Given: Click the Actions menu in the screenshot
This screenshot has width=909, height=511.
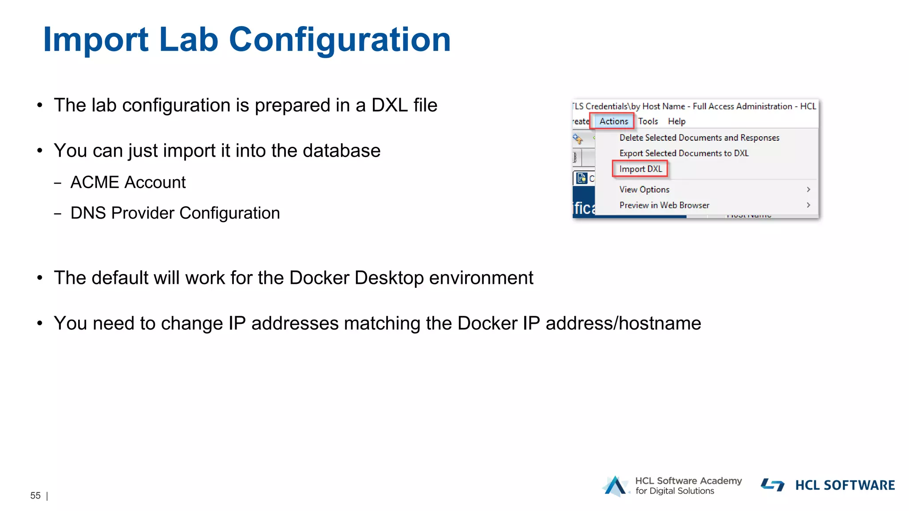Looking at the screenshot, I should (x=613, y=121).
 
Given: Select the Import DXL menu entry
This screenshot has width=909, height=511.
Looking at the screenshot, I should (x=640, y=169).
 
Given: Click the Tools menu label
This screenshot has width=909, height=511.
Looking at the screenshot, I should (x=648, y=121).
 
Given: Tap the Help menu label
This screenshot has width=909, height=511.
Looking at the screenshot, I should (x=676, y=121).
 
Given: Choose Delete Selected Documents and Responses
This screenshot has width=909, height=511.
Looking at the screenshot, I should (x=699, y=138).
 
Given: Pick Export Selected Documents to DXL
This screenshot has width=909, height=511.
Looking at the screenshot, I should (x=684, y=153).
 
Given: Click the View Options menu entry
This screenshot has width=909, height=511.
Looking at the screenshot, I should (x=644, y=189).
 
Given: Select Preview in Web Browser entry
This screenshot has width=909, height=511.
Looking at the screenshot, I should (x=664, y=205).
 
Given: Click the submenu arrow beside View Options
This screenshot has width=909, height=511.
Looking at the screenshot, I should (x=808, y=189).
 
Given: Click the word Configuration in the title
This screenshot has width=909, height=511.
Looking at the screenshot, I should (x=340, y=40).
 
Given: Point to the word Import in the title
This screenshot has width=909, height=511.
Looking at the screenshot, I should (x=95, y=40).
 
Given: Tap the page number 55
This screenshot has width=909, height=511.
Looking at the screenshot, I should (x=36, y=495).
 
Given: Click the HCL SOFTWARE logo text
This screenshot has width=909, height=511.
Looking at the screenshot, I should (x=845, y=485).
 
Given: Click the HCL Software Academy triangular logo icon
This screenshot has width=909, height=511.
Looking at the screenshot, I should (x=615, y=486).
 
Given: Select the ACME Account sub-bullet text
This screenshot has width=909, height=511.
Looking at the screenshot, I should (x=128, y=182).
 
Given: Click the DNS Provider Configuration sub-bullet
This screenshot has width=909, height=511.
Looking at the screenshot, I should (x=175, y=213).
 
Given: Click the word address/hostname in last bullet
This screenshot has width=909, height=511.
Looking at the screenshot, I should (x=623, y=323).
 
